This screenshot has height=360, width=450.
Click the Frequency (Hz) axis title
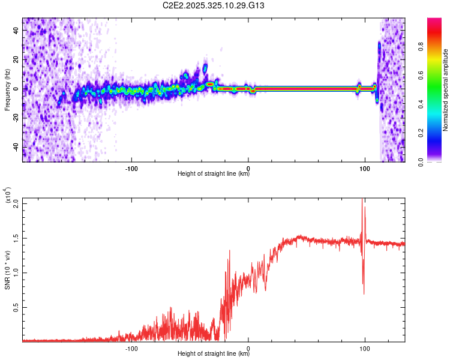point(8,90)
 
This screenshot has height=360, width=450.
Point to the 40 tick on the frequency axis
point(16,31)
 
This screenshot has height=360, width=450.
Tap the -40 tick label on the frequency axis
point(16,147)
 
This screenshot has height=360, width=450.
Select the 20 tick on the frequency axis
point(16,60)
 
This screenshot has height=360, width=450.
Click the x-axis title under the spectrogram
point(214,175)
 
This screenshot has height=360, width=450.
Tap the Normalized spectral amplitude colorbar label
point(446,90)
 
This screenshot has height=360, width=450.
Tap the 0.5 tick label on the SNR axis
point(16,307)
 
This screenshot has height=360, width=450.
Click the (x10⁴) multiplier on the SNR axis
point(8,196)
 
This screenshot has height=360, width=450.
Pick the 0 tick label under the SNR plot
point(248,347)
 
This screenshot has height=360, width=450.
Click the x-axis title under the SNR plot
point(214,355)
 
